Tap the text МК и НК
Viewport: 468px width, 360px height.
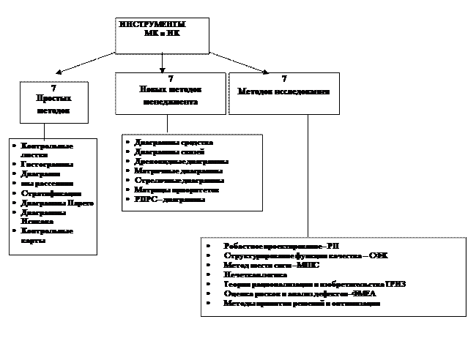162,34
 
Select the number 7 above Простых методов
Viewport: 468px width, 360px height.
53,88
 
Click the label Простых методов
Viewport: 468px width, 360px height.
53,104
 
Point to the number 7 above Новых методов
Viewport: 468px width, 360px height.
170,78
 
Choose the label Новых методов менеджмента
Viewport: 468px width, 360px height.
170,96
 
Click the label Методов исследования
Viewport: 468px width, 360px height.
284,92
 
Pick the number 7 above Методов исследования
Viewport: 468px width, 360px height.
284,78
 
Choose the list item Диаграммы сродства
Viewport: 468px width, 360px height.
174,142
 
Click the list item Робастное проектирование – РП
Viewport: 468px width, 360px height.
282,246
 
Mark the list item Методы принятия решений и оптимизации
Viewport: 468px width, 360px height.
302,303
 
